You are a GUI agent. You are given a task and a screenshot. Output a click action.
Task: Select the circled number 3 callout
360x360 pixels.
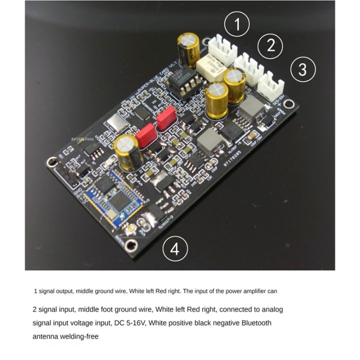pyautogui.click(x=302, y=69)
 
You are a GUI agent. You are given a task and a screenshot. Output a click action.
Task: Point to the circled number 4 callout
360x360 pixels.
pyautogui.click(x=174, y=248)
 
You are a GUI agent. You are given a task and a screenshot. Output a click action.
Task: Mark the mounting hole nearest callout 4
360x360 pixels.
pyautogui.click(x=131, y=244)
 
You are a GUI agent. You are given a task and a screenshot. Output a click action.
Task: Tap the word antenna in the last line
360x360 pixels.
pyautogui.click(x=46, y=336)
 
